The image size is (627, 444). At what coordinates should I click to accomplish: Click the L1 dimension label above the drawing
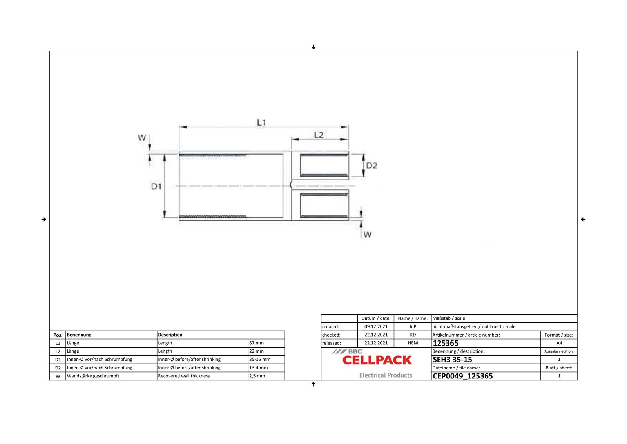pyautogui.click(x=261, y=122)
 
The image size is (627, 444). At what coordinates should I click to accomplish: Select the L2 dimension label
pyautogui.click(x=319, y=135)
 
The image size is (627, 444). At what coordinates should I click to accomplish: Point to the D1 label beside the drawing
pyautogui.click(x=156, y=186)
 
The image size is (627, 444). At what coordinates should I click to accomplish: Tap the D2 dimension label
pyautogui.click(x=371, y=166)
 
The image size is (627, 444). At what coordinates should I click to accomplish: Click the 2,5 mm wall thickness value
pyautogui.click(x=257, y=376)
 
